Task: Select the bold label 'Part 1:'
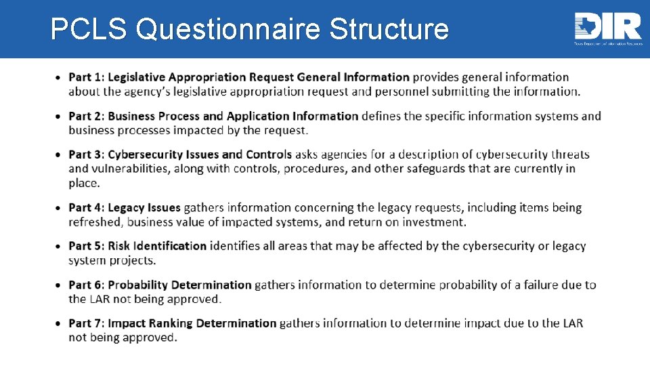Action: point(87,77)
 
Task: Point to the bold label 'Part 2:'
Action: point(87,116)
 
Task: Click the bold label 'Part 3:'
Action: point(87,155)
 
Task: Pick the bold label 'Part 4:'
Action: point(87,207)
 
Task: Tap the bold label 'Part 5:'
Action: point(87,246)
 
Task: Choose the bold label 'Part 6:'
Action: point(87,285)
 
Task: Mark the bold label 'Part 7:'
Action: point(87,323)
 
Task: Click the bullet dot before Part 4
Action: point(60,208)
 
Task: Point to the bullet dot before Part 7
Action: point(60,324)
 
